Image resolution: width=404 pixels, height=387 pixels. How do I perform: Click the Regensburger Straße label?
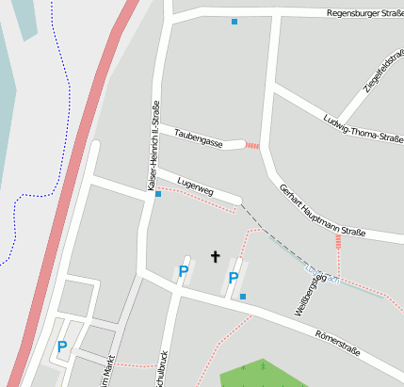click(364, 13)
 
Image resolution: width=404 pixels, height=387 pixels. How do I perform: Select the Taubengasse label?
click(198, 138)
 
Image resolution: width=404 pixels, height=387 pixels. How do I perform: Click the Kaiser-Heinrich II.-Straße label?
click(153, 146)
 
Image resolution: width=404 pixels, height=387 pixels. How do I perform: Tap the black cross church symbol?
click(215, 256)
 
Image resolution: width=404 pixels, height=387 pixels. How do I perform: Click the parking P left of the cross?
click(184, 271)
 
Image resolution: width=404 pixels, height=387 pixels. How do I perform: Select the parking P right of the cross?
click(233, 278)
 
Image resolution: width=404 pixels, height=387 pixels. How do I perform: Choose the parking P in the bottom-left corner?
click(62, 347)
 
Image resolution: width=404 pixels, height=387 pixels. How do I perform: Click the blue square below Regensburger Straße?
click(234, 21)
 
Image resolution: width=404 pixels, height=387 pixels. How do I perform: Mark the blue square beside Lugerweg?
click(158, 194)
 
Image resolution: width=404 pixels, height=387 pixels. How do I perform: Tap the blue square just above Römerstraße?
click(243, 297)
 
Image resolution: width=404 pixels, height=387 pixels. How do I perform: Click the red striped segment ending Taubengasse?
click(252, 145)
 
